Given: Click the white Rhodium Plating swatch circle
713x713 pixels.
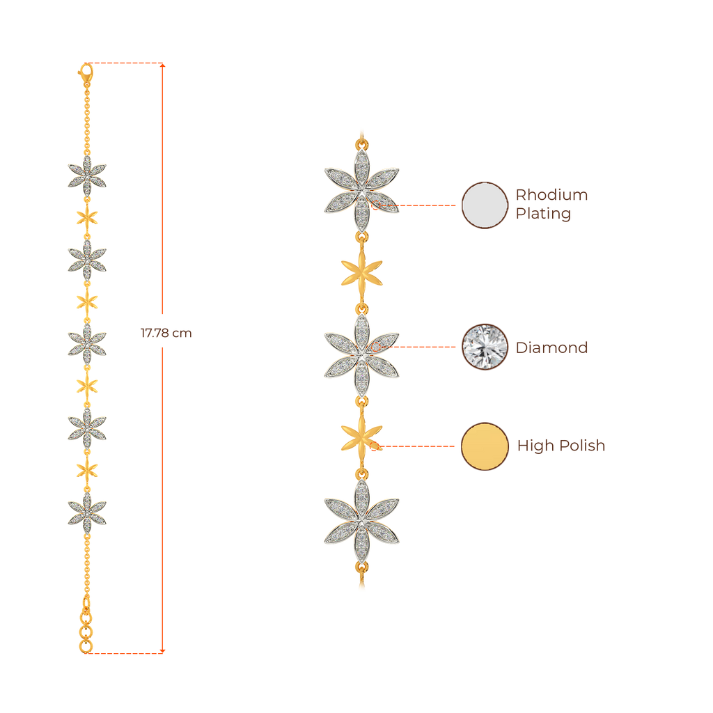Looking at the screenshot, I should [485, 205].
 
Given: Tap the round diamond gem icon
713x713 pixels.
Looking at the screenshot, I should [485, 347].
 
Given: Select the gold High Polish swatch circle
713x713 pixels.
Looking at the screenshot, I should [485, 446].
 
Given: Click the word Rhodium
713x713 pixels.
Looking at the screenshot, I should [551, 195].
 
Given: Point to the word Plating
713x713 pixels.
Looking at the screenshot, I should [543, 214].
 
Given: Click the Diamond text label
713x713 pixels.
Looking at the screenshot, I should [551, 347].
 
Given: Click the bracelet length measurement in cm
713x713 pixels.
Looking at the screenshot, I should [166, 334].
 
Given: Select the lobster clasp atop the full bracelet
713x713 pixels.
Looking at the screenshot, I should [86, 72].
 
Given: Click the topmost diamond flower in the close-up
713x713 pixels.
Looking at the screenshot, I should [361, 189].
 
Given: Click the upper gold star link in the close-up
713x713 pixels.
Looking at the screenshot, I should [361, 272].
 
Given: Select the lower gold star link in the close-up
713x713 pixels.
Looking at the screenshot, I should [361, 437].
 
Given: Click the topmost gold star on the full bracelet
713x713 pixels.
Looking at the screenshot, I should [87, 216].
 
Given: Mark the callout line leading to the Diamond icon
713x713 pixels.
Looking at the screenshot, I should [421, 347].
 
